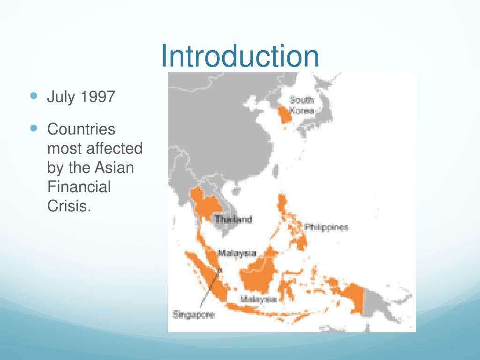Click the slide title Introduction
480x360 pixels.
(x=240, y=56)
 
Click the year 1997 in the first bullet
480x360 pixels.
(x=97, y=97)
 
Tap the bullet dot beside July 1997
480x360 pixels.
(x=33, y=96)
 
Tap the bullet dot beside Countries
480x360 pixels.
(x=33, y=127)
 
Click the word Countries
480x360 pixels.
(x=81, y=129)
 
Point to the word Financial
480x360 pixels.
(x=79, y=187)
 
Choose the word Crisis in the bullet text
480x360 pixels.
(x=68, y=206)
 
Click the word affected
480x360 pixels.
(x=114, y=149)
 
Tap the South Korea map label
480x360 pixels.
(x=301, y=105)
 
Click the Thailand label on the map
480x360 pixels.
(x=233, y=219)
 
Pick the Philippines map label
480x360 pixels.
(x=327, y=227)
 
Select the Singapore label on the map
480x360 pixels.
(x=194, y=315)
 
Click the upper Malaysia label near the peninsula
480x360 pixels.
(x=237, y=253)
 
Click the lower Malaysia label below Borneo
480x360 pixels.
(x=258, y=299)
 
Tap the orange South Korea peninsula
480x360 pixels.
(x=283, y=115)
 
